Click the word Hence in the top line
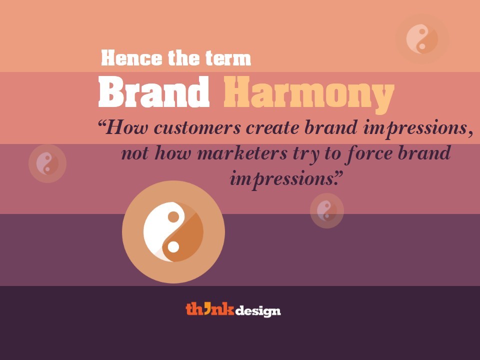coord(131,58)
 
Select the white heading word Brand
coord(153,91)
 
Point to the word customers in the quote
coord(197,127)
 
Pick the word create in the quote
coord(272,127)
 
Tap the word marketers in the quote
coord(242,153)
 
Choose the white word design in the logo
coord(258,311)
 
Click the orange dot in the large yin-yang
coord(173,216)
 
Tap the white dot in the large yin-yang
coord(173,246)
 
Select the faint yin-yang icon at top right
coord(422,39)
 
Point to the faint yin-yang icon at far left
coord(47,164)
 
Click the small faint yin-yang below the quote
coord(327,210)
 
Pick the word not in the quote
coord(135,153)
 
